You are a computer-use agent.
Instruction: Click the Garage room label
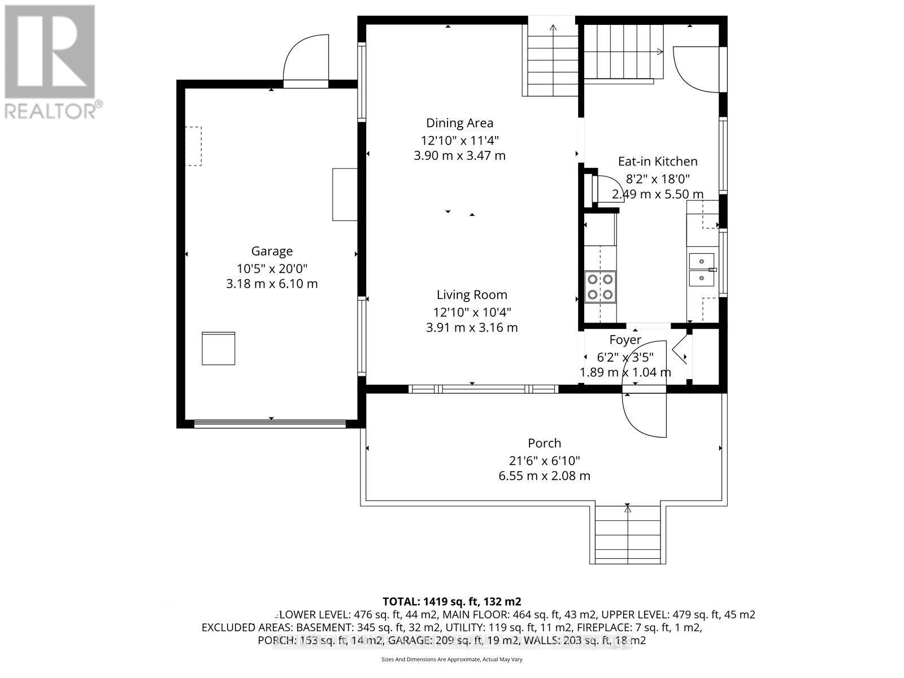tap(272, 251)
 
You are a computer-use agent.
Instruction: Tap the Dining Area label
tap(459, 123)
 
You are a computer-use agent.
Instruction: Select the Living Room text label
tap(472, 294)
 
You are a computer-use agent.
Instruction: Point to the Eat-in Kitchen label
tap(658, 161)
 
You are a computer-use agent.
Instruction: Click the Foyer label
tap(625, 340)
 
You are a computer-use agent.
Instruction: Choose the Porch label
tap(544, 443)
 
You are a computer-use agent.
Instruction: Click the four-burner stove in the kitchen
tap(600, 286)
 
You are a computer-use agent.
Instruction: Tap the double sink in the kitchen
tap(702, 270)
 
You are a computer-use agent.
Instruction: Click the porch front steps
tap(627, 533)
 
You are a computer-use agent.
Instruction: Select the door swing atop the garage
tap(306, 59)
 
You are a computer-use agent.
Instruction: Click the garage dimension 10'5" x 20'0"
tap(272, 267)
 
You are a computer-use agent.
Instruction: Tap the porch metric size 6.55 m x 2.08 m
tap(544, 476)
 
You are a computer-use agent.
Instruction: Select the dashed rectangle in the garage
tap(194, 146)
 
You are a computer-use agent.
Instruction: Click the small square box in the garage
tap(218, 349)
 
